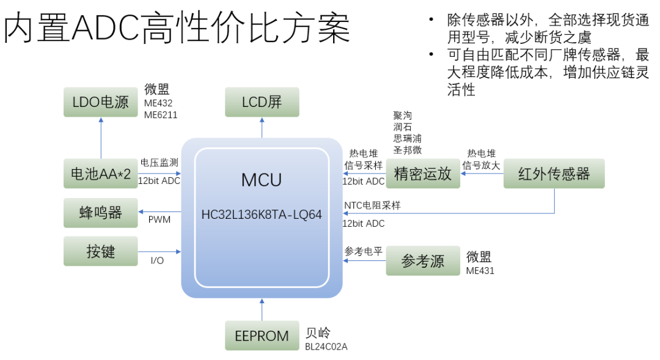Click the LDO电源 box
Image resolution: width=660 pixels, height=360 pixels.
101,102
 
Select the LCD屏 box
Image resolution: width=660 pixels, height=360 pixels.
262,102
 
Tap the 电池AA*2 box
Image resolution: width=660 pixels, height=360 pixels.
101,174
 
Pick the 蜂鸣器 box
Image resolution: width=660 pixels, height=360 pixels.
101,213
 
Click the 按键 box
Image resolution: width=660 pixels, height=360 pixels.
101,251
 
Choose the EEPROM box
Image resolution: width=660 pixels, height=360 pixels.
262,336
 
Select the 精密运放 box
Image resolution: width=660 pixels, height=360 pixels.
423,174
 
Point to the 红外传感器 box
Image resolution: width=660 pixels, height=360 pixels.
554,174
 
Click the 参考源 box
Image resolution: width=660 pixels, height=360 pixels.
423,261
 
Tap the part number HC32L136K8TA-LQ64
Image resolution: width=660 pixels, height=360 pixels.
262,215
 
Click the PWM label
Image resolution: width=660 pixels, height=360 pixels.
159,219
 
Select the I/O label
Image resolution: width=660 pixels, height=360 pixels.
157,260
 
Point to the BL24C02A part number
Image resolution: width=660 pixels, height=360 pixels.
326,347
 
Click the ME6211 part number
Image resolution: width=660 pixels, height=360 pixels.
161,114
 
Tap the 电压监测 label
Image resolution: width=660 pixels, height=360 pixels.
159,163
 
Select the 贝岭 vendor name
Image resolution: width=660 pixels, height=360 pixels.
318,333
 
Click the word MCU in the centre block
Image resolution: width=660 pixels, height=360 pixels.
262,180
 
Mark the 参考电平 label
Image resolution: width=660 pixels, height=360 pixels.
362,251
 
